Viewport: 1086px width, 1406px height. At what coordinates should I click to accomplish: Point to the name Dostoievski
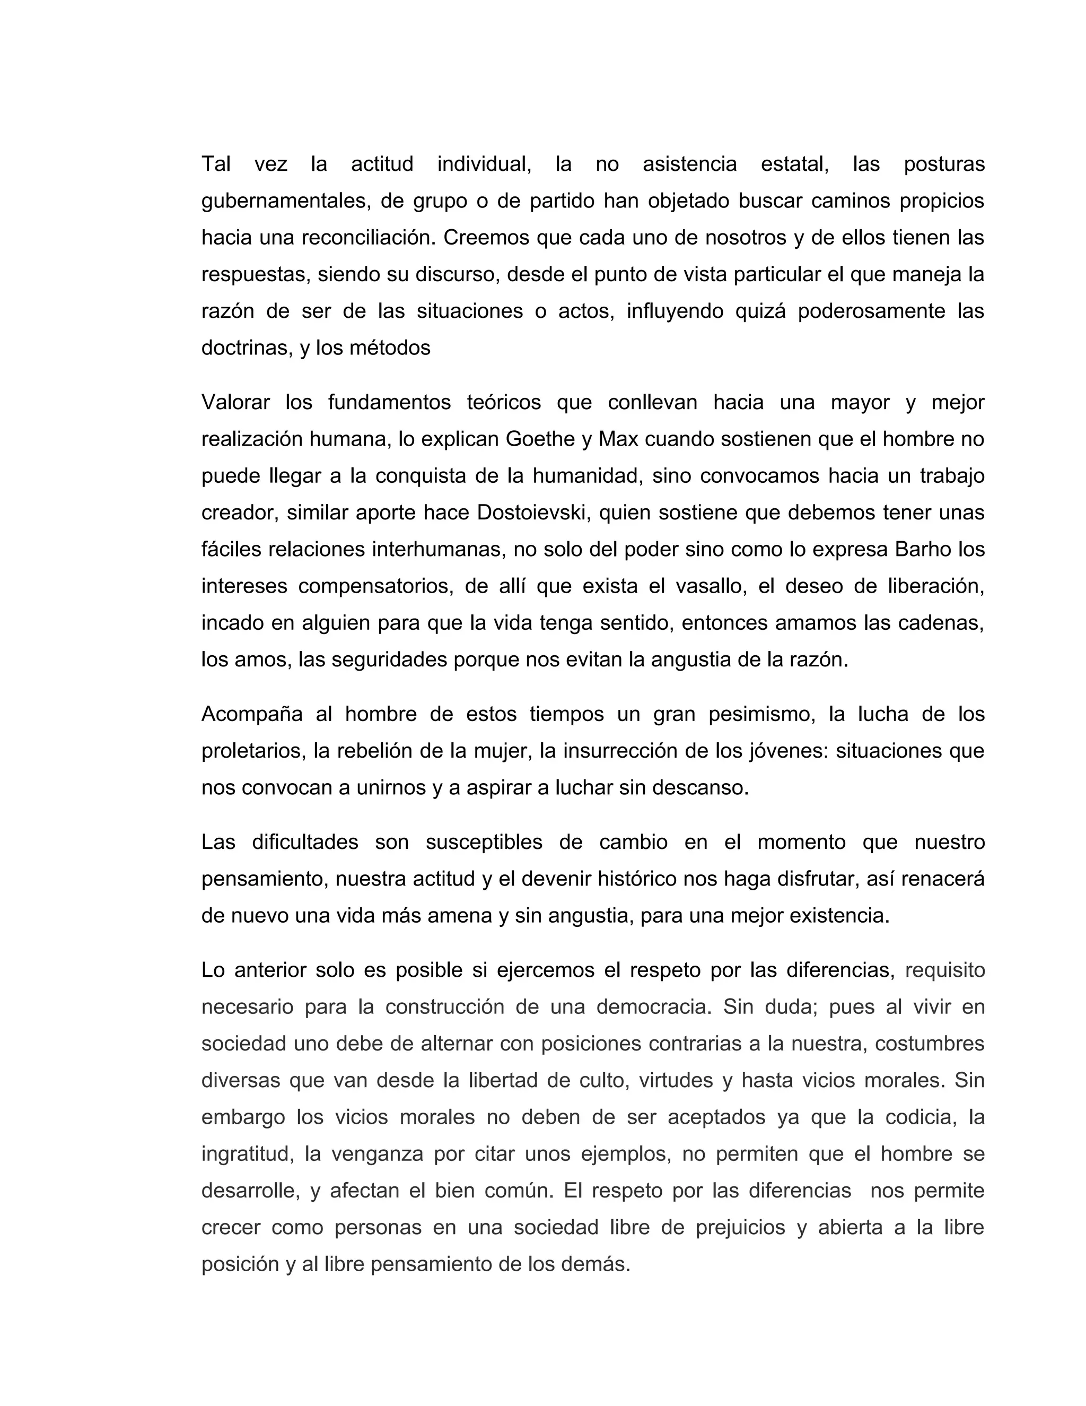coord(532,513)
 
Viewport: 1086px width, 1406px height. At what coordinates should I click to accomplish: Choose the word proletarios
coord(253,751)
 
